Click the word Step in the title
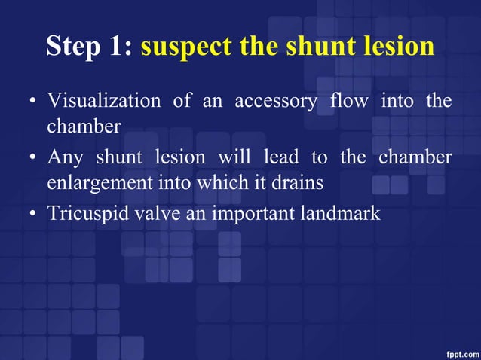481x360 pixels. (75, 47)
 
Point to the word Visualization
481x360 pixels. (103, 101)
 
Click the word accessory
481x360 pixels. (276, 101)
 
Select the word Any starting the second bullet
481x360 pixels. (66, 157)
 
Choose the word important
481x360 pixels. (246, 214)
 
